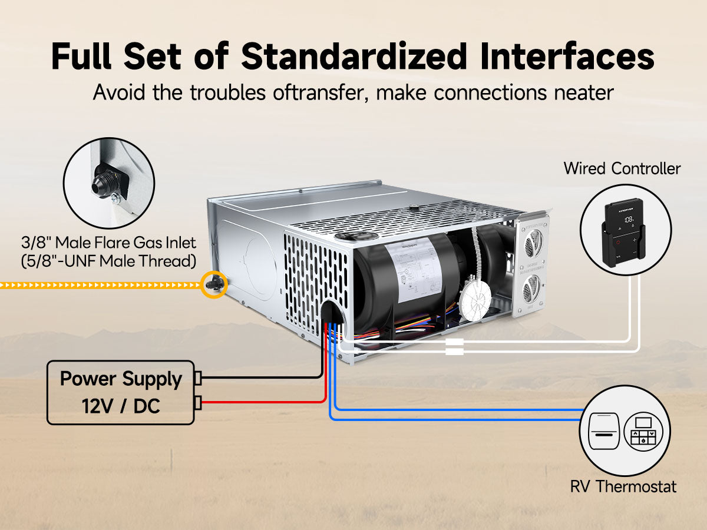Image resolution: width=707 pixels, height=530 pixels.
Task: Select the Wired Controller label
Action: pos(622,168)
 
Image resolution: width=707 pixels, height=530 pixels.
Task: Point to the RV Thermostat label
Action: pos(623,486)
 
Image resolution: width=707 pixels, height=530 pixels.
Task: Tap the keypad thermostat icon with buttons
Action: pos(643,433)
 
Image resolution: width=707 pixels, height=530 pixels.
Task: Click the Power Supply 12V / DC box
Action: pos(121,392)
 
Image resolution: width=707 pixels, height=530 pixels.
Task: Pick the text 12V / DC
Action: pos(121,406)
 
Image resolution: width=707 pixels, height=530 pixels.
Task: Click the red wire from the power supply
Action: pos(265,402)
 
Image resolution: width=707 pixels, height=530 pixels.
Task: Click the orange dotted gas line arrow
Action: pos(100,286)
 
